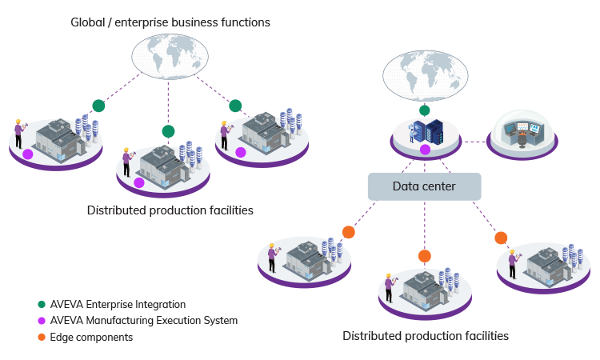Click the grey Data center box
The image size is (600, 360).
point(424,186)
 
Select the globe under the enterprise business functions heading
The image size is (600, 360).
point(169,60)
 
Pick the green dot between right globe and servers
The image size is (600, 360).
point(425,110)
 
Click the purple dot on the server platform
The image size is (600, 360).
point(426,150)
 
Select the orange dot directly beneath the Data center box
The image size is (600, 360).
point(425,256)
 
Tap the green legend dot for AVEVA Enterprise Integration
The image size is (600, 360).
point(42,305)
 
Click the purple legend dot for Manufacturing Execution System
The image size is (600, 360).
point(42,321)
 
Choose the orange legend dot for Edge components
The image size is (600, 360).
point(42,338)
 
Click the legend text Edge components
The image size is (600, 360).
point(91,338)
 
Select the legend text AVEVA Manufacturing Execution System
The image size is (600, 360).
point(143,321)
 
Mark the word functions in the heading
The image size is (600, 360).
point(244,22)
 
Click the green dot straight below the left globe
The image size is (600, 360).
point(168,131)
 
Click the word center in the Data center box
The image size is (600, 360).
point(438,186)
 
